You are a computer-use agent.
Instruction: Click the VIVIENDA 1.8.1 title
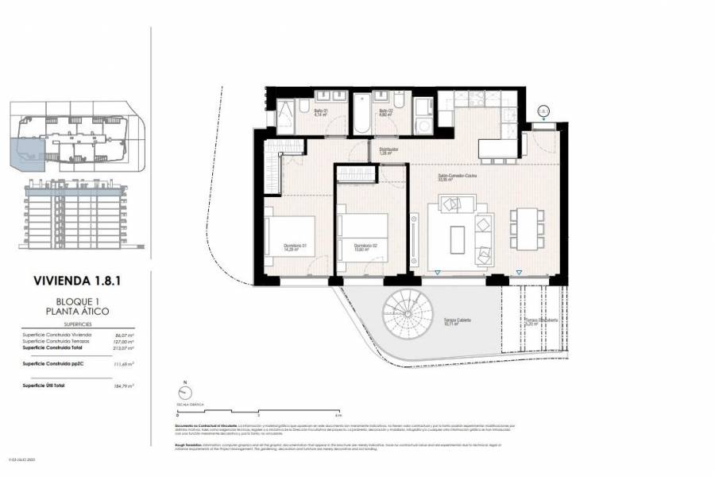coord(77,280)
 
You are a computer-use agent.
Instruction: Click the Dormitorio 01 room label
coord(296,246)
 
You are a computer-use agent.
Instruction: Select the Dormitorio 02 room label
coord(365,246)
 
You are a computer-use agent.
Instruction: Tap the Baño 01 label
coord(321,112)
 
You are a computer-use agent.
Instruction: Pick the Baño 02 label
coord(386,112)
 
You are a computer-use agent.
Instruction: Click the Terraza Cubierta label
coord(458,321)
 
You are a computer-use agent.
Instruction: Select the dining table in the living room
coord(524,228)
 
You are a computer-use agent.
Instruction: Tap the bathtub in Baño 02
coord(362,116)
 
